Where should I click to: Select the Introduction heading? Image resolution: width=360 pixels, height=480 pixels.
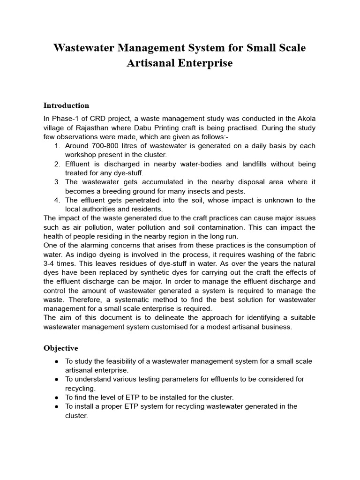(x=66, y=105)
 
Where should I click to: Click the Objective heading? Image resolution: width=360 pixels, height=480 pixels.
(x=61, y=348)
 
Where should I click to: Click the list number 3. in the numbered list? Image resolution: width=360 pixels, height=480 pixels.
(x=57, y=182)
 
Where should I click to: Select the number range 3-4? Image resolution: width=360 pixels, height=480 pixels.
(x=51, y=263)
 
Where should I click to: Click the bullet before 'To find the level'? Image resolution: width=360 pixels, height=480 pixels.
(x=57, y=397)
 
